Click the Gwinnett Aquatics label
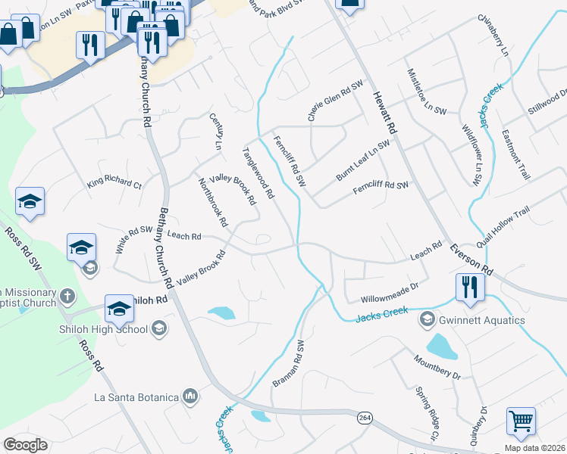[x=482, y=320]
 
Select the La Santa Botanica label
[x=135, y=396]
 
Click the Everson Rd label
[x=470, y=260]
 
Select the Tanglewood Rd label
[x=258, y=173]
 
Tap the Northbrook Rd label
[x=212, y=203]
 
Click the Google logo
[x=25, y=445]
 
